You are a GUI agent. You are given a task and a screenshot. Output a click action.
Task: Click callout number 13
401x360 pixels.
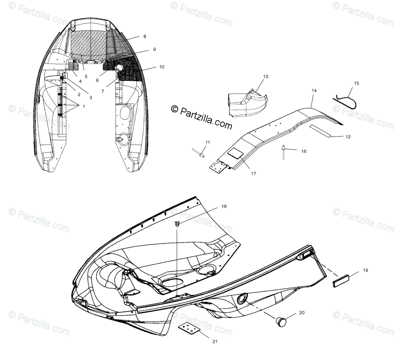click(x=265, y=76)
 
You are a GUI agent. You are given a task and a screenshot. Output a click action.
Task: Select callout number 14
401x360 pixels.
click(x=314, y=90)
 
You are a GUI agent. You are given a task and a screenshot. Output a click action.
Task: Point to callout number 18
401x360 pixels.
click(x=224, y=207)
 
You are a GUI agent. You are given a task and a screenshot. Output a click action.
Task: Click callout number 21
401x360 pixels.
click(x=215, y=341)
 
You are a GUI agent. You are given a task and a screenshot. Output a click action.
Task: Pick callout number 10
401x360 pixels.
click(x=161, y=67)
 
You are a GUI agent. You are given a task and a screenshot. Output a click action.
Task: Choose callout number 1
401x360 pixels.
click(x=84, y=106)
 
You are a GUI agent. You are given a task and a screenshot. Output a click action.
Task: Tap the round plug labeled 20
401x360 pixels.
click(x=280, y=322)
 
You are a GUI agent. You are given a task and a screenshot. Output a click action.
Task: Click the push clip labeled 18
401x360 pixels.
click(x=177, y=224)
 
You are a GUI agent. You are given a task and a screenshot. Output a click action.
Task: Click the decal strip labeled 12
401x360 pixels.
click(x=320, y=130)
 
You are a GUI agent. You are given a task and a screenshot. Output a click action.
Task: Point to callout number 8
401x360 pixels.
click(x=144, y=36)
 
